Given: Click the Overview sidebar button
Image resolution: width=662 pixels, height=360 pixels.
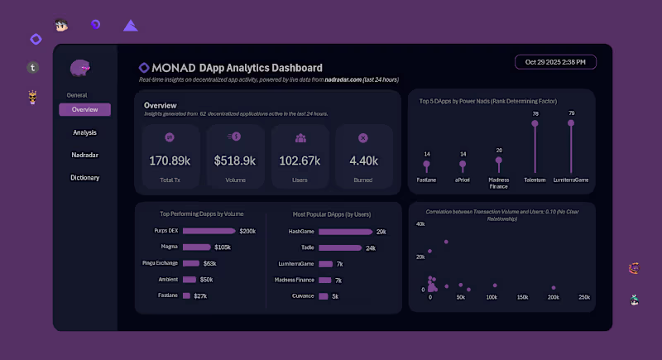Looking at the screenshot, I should (84, 110).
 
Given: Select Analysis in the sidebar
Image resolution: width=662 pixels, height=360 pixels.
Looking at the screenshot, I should (84, 132).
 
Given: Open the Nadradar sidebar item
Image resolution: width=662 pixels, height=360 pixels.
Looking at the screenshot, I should (84, 155).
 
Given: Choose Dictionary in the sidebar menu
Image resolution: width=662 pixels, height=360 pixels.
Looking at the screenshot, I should (84, 177).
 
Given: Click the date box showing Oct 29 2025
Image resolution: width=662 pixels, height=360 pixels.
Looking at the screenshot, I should (555, 62).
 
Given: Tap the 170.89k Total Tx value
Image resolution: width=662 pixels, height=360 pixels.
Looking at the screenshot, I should (170, 161).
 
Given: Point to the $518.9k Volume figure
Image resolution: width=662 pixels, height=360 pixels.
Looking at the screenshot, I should (234, 161).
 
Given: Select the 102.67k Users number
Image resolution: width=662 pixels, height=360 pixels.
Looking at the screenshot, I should (300, 161).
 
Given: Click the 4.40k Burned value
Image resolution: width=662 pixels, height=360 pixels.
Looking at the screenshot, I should (363, 161).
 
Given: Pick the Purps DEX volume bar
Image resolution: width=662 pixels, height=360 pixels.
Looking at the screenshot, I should (209, 231).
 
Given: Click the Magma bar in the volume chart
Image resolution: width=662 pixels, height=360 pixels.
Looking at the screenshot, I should (197, 247).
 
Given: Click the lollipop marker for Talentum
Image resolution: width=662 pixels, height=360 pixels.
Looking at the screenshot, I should (535, 123).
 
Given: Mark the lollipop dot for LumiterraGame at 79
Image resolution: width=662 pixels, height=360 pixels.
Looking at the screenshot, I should (571, 122).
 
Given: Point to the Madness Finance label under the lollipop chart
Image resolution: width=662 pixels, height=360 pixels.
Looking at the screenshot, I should (499, 182).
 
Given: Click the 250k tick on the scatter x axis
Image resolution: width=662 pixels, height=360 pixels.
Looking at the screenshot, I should (583, 296).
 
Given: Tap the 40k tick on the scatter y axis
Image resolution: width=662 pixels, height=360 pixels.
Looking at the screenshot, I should (420, 224).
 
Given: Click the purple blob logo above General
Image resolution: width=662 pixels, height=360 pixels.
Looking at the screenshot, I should (80, 68).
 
